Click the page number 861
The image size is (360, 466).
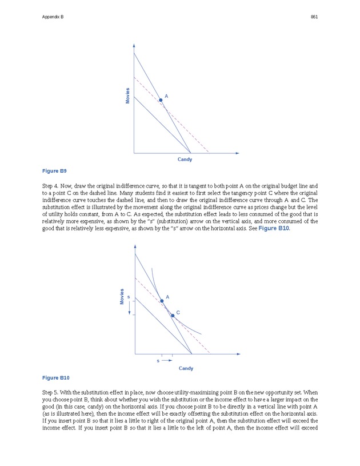coord(314,17)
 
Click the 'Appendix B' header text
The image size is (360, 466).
coord(53,17)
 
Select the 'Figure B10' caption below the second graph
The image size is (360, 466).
coord(56,378)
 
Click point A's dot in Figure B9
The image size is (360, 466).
coord(161,100)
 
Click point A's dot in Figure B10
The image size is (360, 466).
coord(162,301)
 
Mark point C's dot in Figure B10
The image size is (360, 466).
coord(173,315)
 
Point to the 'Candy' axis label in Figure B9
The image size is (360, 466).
coord(185,160)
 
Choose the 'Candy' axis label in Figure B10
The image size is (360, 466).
coord(186,368)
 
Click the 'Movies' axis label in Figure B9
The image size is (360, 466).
coord(127,95)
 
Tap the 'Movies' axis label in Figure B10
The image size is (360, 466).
coord(122,296)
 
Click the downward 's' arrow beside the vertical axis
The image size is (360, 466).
coord(130,308)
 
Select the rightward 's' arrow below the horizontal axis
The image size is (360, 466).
coord(166,361)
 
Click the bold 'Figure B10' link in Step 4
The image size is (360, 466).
coord(276,228)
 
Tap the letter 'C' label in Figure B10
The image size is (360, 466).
coord(178,312)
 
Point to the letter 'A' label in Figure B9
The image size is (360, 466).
coord(166,95)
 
